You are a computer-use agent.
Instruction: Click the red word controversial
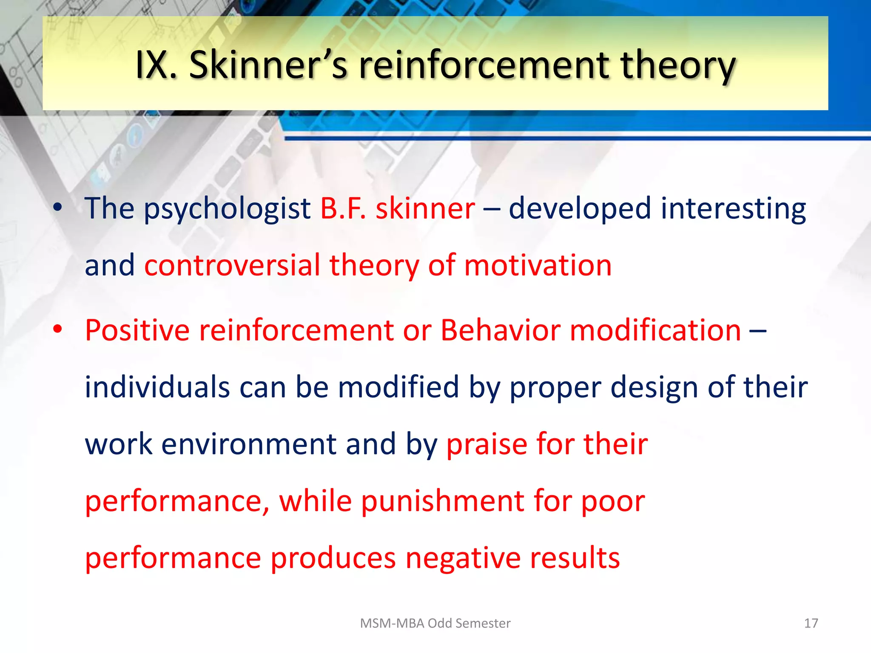pyautogui.click(x=232, y=265)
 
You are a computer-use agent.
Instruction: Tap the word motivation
pyautogui.click(x=538, y=265)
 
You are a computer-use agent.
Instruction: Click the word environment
pyautogui.click(x=249, y=444)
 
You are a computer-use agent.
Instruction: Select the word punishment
pyautogui.click(x=442, y=501)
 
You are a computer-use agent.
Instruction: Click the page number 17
pyautogui.click(x=811, y=623)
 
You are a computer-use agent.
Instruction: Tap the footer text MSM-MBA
pyautogui.click(x=392, y=623)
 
